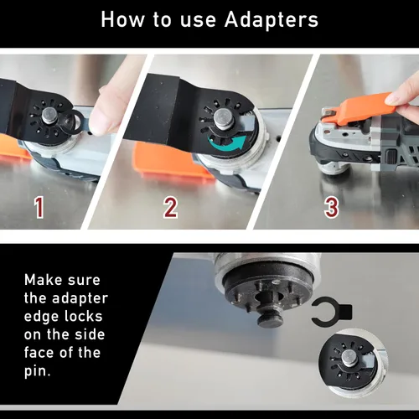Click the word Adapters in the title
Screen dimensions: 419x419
click(272, 21)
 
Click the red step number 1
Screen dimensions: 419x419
click(39, 207)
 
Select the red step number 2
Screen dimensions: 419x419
click(170, 207)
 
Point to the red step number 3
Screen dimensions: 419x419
click(332, 207)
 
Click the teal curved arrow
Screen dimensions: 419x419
click(228, 143)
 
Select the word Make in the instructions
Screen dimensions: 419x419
click(43, 280)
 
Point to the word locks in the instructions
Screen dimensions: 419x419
click(83, 317)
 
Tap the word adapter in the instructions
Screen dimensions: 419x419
click(80, 299)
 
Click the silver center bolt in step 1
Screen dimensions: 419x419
click(50, 116)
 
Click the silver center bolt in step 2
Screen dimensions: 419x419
click(223, 117)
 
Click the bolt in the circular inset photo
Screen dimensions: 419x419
click(349, 358)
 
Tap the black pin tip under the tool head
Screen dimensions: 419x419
click(269, 320)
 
